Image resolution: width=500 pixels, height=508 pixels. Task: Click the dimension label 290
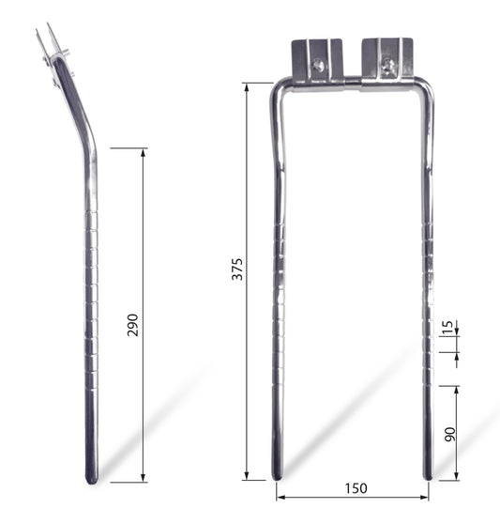click(x=132, y=325)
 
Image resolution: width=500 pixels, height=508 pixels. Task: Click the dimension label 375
click(x=237, y=269)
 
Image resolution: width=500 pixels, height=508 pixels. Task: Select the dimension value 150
click(x=356, y=488)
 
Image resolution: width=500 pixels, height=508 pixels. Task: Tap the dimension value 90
click(x=450, y=434)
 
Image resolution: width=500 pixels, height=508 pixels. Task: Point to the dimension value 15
click(x=447, y=327)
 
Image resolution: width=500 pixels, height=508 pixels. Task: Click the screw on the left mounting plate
click(x=319, y=66)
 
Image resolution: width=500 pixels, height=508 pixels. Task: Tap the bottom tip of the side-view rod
click(x=92, y=482)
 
